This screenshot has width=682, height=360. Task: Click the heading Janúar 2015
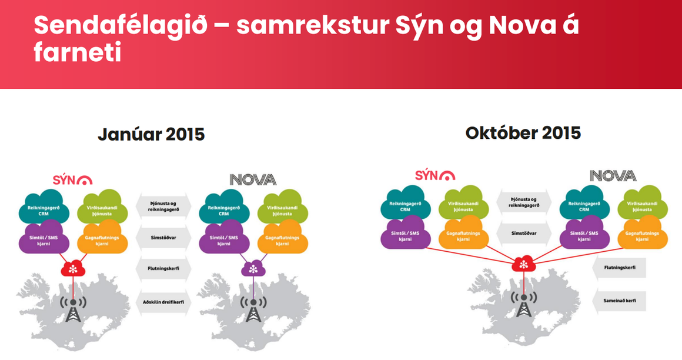click(x=151, y=134)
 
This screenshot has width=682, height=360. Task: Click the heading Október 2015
click(x=523, y=133)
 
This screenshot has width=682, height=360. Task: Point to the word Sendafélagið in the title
click(x=121, y=25)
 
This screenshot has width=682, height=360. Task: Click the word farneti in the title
click(x=77, y=53)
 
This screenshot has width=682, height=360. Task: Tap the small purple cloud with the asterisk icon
click(x=253, y=269)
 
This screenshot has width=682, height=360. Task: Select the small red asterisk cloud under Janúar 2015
click(x=73, y=269)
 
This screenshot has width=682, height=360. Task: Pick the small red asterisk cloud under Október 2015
click(x=524, y=264)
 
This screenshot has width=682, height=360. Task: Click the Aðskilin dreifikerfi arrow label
click(x=163, y=302)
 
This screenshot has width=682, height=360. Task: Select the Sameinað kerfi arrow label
click(x=619, y=301)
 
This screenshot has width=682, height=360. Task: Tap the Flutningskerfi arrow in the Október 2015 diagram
click(x=619, y=267)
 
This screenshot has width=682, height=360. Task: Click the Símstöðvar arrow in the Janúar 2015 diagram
click(x=163, y=238)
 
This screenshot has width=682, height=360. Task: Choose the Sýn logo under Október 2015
click(x=435, y=175)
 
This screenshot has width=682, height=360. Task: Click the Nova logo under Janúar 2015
click(x=253, y=179)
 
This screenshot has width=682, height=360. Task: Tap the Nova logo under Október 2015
click(x=613, y=175)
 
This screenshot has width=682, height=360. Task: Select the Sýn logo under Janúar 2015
click(x=73, y=179)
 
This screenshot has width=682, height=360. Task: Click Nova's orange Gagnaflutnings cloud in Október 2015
click(x=643, y=235)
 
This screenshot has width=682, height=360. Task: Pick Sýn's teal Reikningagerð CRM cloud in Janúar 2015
click(x=44, y=208)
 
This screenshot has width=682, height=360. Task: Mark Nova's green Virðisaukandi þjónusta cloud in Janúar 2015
click(x=282, y=208)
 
